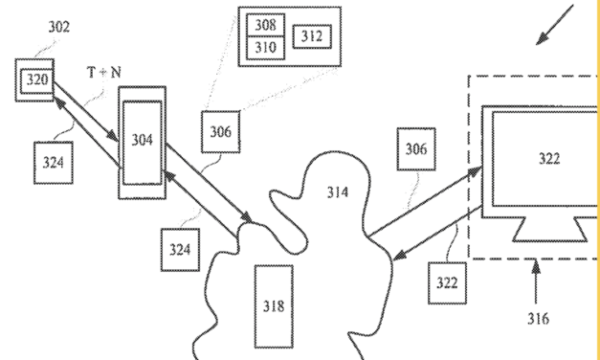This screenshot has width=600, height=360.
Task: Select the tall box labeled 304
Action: tap(142, 141)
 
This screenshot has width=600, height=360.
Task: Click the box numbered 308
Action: tap(265, 25)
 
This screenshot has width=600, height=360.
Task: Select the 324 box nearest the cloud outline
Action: tap(180, 250)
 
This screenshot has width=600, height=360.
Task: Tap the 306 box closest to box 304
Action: tap(220, 131)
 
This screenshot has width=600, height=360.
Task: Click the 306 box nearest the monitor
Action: tap(416, 148)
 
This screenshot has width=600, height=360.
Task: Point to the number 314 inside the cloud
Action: tap(337, 192)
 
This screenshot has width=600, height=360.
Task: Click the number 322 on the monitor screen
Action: tap(548, 159)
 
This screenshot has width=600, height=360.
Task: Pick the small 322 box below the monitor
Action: tap(447, 282)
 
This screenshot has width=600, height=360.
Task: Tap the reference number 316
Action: tap(538, 319)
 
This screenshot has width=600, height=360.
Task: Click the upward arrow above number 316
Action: tap(536, 282)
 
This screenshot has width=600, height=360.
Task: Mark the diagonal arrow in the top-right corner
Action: tap(555, 27)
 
